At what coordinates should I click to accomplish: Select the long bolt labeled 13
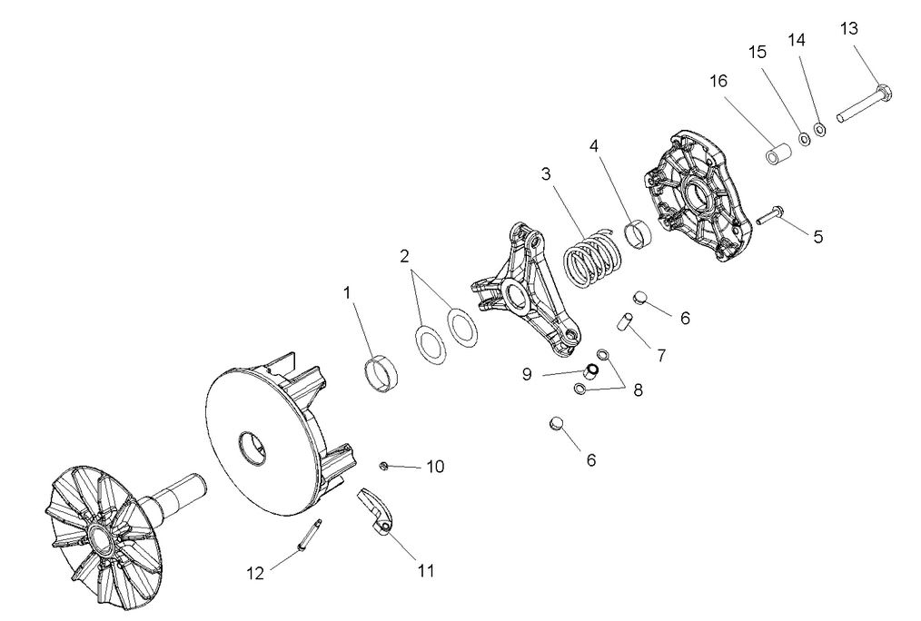(863, 104)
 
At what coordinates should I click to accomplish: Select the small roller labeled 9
(590, 372)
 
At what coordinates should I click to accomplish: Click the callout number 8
(638, 390)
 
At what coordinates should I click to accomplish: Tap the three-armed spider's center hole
(515, 295)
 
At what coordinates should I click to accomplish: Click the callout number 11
(425, 571)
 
